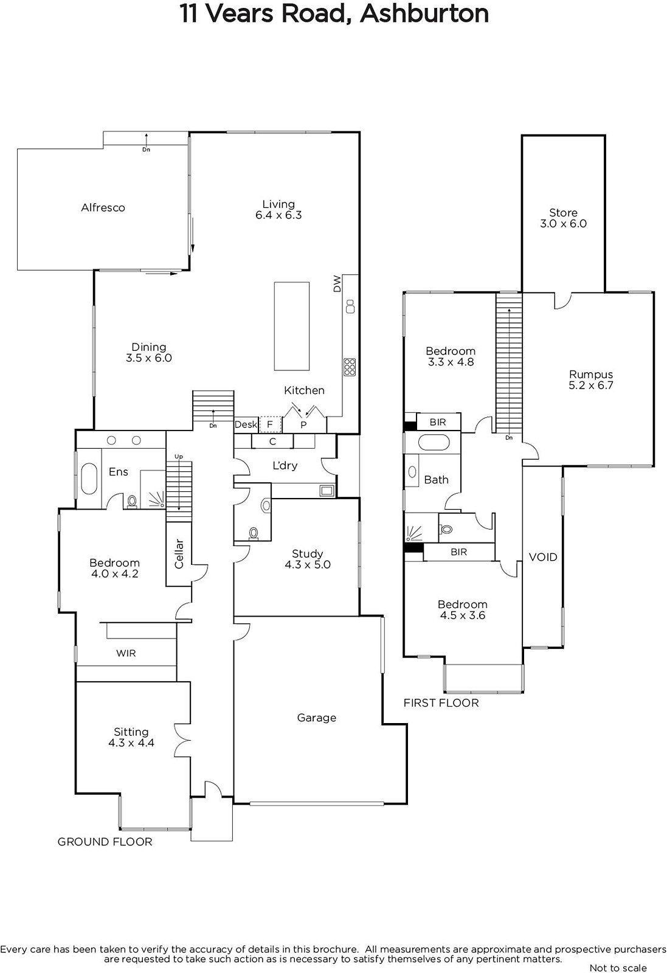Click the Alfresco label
tap(103, 207)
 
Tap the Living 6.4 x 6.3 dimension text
tap(278, 215)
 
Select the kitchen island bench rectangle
tap(291, 326)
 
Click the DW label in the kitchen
tap(337, 283)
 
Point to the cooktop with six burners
tap(350, 367)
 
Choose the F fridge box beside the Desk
tap(270, 424)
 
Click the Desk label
tap(246, 424)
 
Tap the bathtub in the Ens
tap(89, 478)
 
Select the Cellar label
tap(179, 554)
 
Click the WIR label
tap(126, 653)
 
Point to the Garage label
tap(317, 718)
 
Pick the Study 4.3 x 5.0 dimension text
tap(308, 565)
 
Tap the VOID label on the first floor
tap(543, 557)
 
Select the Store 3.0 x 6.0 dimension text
tap(563, 224)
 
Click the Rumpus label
tap(591, 375)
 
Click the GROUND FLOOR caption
tap(105, 842)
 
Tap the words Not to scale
tap(618, 968)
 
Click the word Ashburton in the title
tap(424, 13)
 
